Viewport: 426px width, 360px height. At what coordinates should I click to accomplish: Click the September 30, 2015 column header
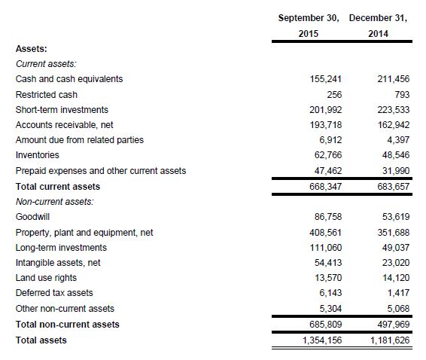pyautogui.click(x=309, y=26)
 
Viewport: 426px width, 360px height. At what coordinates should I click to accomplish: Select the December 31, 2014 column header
pyautogui.click(x=378, y=26)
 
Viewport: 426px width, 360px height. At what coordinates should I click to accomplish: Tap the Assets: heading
pyautogui.click(x=32, y=49)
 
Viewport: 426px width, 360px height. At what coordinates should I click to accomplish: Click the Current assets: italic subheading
pyautogui.click(x=46, y=63)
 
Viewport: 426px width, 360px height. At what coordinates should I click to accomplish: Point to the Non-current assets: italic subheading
pyautogui.click(x=55, y=202)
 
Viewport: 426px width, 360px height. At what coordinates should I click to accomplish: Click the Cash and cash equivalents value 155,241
pyautogui.click(x=325, y=79)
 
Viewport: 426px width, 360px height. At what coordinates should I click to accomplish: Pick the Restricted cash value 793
pyautogui.click(x=402, y=94)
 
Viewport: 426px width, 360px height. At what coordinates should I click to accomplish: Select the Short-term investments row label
pyautogui.click(x=62, y=109)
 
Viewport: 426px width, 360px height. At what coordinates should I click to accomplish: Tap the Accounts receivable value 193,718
pyautogui.click(x=325, y=125)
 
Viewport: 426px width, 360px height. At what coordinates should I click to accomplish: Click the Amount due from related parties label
pyautogui.click(x=80, y=140)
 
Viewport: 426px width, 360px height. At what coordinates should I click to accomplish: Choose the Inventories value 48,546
pyautogui.click(x=396, y=155)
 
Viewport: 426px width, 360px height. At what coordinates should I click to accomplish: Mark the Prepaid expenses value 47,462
pyautogui.click(x=328, y=171)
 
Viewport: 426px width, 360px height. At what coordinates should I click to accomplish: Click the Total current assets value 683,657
pyautogui.click(x=393, y=187)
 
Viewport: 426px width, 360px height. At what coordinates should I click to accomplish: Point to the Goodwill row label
pyautogui.click(x=32, y=217)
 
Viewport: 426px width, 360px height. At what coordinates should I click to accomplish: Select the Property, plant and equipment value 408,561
pyautogui.click(x=325, y=233)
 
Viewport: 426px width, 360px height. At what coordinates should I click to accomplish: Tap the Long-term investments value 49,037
pyautogui.click(x=396, y=248)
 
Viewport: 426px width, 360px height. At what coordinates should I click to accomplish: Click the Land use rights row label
pyautogui.click(x=46, y=278)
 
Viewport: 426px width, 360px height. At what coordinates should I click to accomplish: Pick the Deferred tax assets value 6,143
pyautogui.click(x=330, y=293)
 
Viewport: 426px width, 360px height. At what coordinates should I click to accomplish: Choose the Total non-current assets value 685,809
pyautogui.click(x=325, y=325)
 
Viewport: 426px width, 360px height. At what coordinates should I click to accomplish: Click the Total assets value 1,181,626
pyautogui.click(x=390, y=340)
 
